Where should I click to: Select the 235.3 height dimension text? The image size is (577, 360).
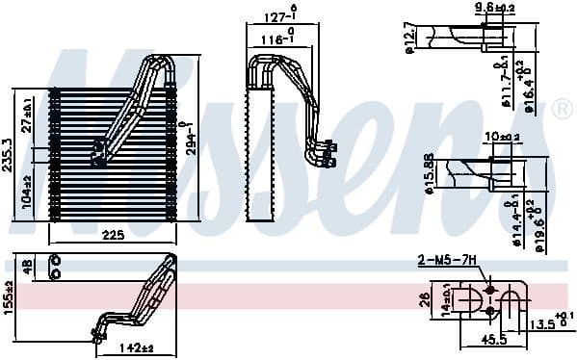pyautogui.click(x=10, y=149)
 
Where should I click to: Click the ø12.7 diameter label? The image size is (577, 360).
pyautogui.click(x=409, y=39)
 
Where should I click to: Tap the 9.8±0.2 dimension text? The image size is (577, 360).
pyautogui.click(x=494, y=9)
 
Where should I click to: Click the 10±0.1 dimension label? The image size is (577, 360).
pyautogui.click(x=502, y=136)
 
